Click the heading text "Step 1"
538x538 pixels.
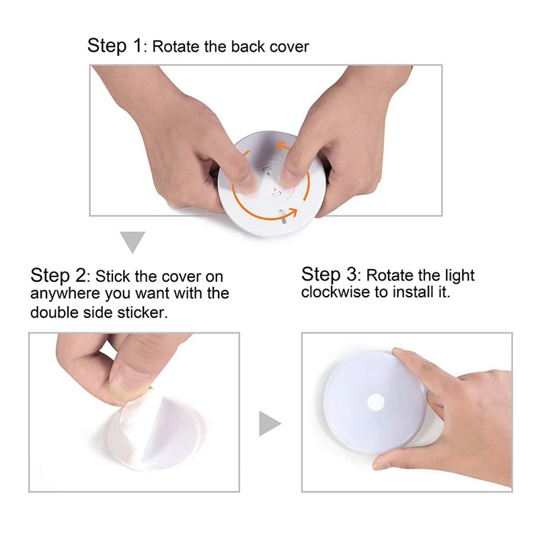[x=114, y=46]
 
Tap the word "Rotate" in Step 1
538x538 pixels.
[x=176, y=46]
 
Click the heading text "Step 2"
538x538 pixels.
[x=58, y=276]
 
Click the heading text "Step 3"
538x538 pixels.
[x=329, y=274]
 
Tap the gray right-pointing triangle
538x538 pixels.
[x=270, y=424]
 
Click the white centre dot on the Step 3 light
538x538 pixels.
[x=376, y=402]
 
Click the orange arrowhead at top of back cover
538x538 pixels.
[x=283, y=147]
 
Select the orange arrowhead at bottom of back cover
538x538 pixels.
[x=292, y=213]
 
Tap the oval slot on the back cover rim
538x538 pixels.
[x=284, y=217]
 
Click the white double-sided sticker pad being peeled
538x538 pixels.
[x=157, y=433]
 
